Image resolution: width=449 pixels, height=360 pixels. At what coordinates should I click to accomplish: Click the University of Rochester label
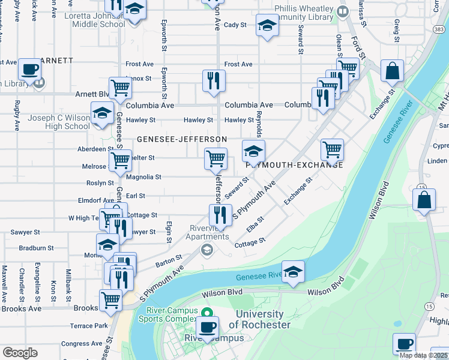pyautogui.click(x=259, y=319)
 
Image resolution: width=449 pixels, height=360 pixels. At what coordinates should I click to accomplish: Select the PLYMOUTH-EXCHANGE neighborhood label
pyautogui.click(x=294, y=164)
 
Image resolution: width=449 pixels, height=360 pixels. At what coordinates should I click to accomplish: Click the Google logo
pyautogui.click(x=20, y=352)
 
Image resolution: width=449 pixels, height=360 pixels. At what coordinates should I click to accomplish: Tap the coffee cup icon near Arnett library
pyautogui.click(x=29, y=70)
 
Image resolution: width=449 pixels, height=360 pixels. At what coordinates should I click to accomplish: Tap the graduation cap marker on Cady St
pyautogui.click(x=267, y=25)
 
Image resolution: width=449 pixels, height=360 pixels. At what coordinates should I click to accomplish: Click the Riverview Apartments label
pyautogui.click(x=208, y=232)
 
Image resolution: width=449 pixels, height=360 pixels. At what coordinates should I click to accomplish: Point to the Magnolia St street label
pyautogui.click(x=143, y=177)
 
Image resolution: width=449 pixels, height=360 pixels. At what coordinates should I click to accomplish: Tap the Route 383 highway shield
pyautogui.click(x=440, y=29)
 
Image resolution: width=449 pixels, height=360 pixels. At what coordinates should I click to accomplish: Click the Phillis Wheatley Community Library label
pyautogui.click(x=303, y=13)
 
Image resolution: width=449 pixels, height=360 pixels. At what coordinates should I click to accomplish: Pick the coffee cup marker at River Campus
pyautogui.click(x=208, y=328)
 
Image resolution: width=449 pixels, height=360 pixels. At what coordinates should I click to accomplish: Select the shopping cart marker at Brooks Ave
pyautogui.click(x=110, y=300)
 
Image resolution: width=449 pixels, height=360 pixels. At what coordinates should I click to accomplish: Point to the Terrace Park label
pyautogui.click(x=89, y=326)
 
